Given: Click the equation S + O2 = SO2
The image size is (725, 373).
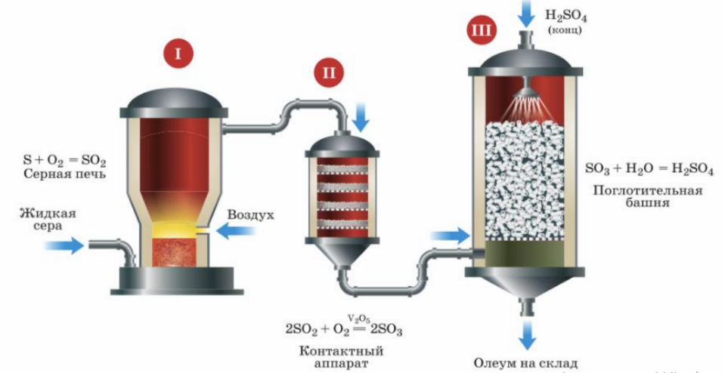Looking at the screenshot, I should [64, 161].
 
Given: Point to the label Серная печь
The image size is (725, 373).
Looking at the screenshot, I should [64, 175].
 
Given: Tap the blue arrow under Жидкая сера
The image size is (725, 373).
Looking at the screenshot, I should [64, 245].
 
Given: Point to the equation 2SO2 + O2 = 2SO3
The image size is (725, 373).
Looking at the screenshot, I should [343, 328].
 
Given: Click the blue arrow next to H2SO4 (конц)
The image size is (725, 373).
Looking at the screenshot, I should [523, 11].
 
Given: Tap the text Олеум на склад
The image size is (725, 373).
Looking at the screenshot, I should [525, 362].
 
